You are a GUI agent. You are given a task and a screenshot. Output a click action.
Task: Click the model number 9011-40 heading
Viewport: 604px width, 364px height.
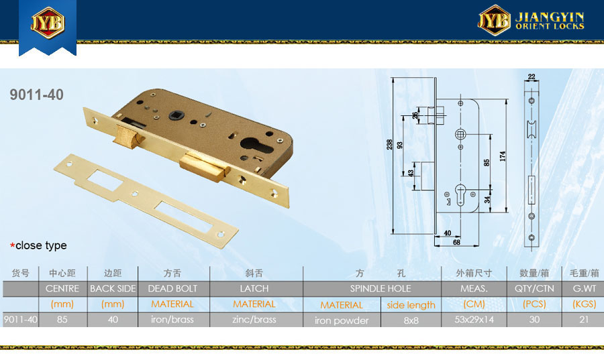(37, 95)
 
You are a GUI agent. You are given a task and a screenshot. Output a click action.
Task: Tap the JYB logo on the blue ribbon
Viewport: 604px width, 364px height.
(48, 22)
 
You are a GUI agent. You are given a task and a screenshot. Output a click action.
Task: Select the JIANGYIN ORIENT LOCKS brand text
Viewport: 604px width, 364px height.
(550, 21)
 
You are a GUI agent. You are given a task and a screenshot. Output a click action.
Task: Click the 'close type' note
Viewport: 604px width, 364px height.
(38, 245)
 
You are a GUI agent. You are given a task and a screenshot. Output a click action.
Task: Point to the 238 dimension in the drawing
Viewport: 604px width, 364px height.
(389, 144)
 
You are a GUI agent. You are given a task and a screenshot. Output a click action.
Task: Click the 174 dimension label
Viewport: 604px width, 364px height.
(502, 156)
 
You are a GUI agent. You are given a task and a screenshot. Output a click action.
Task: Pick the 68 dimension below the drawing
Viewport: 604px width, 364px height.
(456, 243)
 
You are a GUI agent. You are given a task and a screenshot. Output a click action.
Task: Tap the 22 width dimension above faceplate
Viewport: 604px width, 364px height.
(532, 76)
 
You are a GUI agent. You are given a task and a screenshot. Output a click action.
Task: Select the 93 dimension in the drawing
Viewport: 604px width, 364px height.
(400, 145)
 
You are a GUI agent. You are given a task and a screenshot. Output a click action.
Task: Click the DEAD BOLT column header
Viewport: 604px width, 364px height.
(172, 288)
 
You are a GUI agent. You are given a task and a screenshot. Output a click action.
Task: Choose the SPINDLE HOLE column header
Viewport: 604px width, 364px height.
(381, 288)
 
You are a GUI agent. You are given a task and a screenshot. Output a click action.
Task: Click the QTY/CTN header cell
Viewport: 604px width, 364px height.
(534, 288)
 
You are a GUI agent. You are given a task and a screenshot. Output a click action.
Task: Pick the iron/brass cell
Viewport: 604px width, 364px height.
(172, 319)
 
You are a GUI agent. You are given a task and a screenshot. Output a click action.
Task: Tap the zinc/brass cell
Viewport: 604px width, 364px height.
(254, 319)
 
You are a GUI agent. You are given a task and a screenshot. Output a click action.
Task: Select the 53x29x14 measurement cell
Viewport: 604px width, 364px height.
(474, 319)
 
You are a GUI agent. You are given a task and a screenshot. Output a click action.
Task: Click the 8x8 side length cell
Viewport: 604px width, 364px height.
(411, 320)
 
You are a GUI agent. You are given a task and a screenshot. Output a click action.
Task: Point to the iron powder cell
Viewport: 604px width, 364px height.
(342, 320)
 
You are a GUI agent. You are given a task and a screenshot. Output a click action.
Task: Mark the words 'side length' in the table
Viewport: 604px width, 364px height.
(411, 305)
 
